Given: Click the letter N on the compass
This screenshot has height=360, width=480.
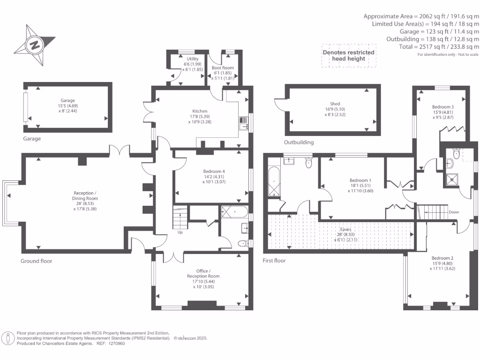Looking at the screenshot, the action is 35,45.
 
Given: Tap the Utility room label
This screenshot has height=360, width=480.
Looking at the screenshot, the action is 193,59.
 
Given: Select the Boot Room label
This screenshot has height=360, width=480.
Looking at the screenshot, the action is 223,67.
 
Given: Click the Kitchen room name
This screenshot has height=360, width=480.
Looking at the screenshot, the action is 200,111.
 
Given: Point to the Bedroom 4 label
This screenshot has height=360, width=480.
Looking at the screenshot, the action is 214,172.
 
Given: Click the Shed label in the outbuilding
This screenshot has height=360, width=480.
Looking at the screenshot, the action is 335,104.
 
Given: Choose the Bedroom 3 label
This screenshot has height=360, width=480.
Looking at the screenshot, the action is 442,107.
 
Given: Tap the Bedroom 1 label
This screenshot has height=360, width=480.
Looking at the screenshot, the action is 360,180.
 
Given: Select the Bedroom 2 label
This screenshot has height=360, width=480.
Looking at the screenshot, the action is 442,258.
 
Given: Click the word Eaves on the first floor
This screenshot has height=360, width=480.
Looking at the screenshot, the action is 345,229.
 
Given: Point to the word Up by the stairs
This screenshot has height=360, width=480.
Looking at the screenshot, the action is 180,232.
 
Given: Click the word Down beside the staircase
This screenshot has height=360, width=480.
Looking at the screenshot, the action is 454,212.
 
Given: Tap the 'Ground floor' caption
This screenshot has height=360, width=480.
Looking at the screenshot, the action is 36,261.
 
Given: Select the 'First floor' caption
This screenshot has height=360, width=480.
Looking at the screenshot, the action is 274,261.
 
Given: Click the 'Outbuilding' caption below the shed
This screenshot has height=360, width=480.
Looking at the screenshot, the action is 299,142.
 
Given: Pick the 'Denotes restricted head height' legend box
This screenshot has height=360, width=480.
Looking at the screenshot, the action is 349,55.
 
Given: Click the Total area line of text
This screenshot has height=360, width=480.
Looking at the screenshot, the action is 439,47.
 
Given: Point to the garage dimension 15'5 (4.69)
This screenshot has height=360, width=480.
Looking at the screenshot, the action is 67,106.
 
